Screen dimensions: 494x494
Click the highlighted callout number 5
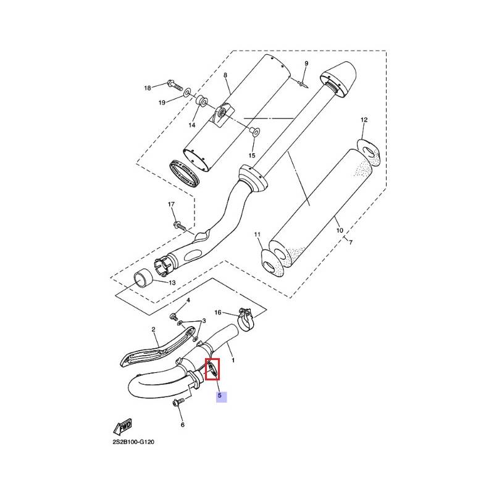220,395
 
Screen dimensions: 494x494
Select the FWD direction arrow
122,427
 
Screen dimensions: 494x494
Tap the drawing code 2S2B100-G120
133,442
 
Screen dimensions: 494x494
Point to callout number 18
148,88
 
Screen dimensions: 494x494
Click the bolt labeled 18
175,85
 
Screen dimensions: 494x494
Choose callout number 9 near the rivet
306,64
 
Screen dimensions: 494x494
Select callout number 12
364,120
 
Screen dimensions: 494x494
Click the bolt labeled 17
180,225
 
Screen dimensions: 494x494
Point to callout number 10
339,230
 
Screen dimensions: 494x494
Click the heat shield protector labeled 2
157,348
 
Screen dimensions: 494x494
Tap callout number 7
351,242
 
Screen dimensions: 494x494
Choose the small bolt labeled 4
174,316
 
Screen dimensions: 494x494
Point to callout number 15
252,156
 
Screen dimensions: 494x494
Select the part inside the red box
212,369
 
